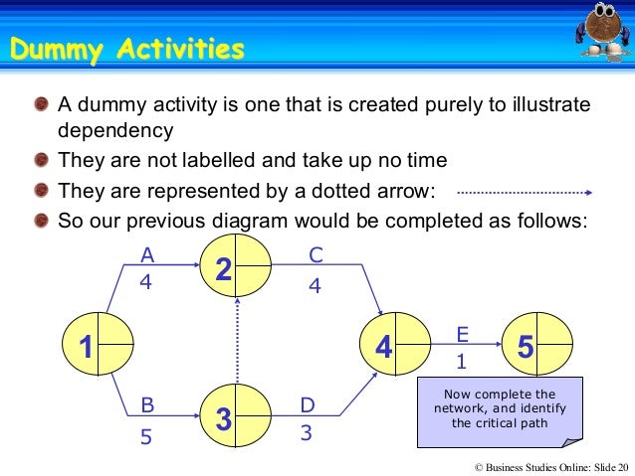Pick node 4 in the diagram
(x=395, y=346)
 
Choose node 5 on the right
(x=537, y=346)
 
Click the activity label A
(x=145, y=255)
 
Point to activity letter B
(x=147, y=405)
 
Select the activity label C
(x=316, y=255)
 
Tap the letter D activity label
(x=308, y=405)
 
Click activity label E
(x=462, y=333)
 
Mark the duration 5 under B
(x=146, y=435)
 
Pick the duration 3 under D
(x=308, y=434)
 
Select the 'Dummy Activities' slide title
(x=126, y=48)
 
